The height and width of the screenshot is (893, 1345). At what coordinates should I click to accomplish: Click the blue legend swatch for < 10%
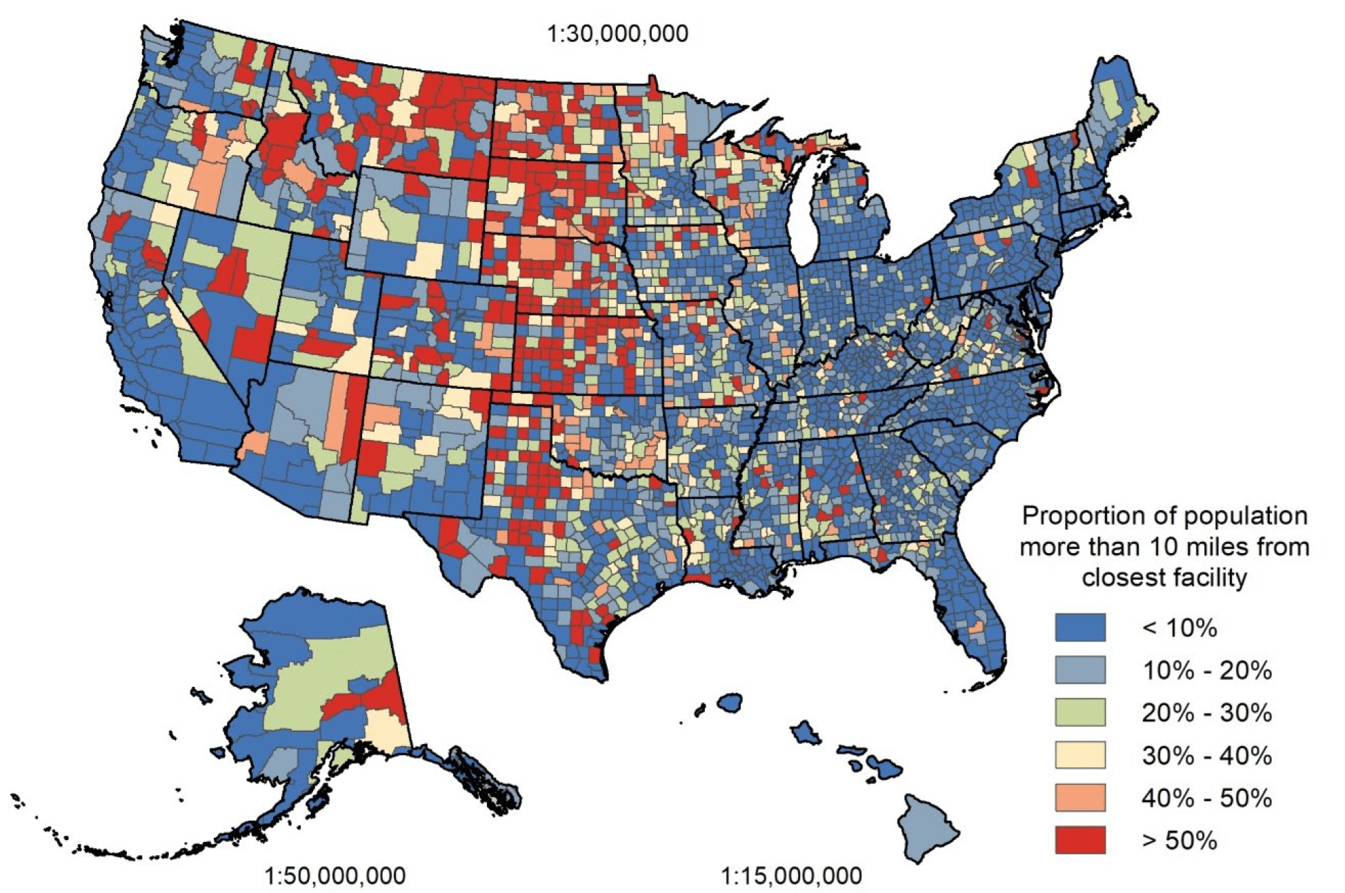(x=1079, y=628)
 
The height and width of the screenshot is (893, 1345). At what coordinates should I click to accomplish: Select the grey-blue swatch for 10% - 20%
(x=1079, y=670)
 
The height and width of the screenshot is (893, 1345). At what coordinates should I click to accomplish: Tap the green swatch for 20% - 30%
(x=1079, y=712)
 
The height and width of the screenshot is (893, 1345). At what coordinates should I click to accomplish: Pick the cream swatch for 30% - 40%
(x=1079, y=755)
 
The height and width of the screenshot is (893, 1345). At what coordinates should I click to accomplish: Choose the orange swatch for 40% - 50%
(x=1079, y=798)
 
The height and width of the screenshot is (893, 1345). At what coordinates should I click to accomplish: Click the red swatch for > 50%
(x=1079, y=841)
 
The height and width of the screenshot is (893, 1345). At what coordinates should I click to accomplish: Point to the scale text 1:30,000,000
(x=617, y=34)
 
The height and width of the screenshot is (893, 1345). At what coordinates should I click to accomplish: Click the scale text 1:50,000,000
(x=335, y=876)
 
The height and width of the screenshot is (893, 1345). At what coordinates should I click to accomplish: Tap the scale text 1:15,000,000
(x=791, y=876)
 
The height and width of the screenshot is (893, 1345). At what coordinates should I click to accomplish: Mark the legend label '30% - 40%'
(x=1206, y=756)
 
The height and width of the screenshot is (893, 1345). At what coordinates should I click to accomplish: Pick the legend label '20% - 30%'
(x=1206, y=713)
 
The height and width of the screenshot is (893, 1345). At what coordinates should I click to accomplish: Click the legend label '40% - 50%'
(x=1206, y=799)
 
